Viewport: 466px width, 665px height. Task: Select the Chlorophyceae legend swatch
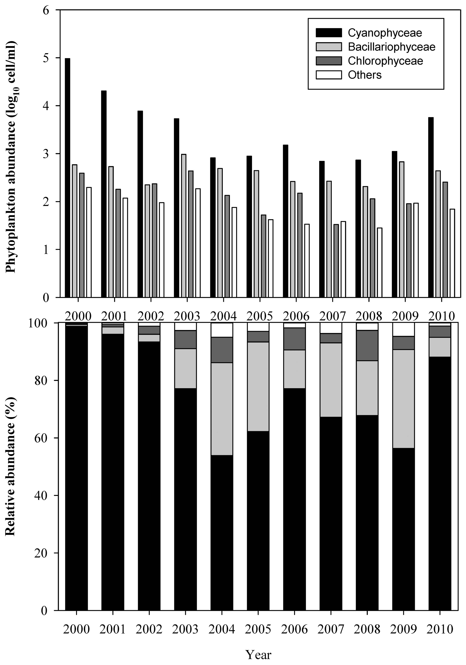(329, 61)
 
